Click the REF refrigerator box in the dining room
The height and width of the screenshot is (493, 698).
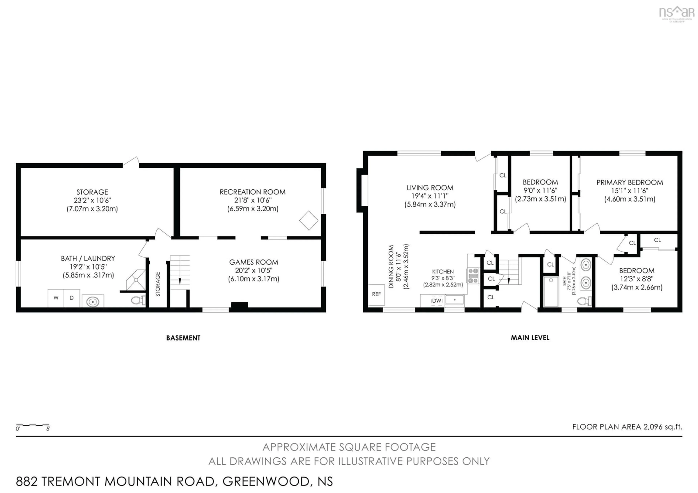376,294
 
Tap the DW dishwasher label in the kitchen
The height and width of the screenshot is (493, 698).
437,301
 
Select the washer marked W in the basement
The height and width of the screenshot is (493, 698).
56,298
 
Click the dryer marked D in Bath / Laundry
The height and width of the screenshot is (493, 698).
72,298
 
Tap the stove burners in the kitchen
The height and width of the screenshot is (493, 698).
473,276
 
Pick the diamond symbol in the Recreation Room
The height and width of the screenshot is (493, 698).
309,220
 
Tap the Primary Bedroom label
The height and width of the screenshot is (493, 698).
630,183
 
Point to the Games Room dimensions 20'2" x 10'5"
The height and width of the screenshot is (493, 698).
254,270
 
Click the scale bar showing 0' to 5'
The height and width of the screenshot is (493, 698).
33,426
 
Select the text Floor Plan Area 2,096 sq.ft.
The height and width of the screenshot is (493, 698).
627,427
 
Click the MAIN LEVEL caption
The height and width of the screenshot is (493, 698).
530,338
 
